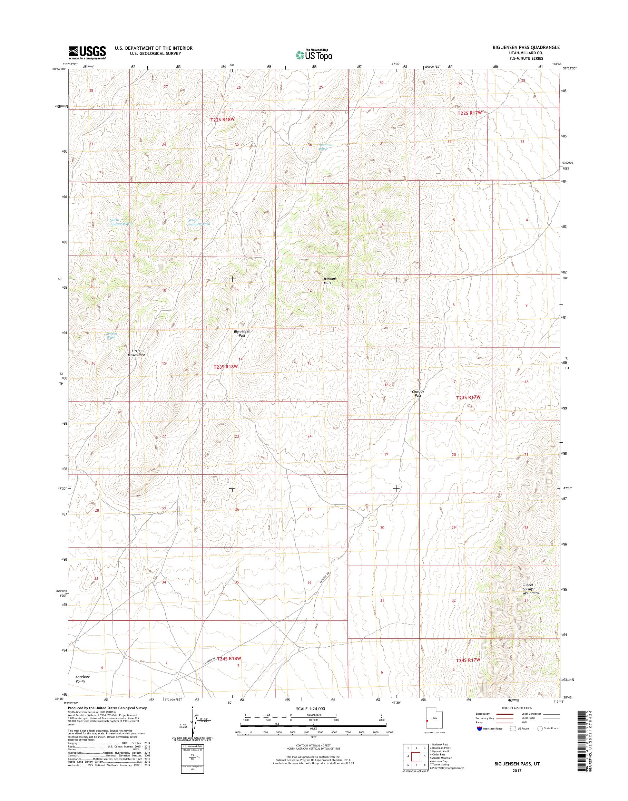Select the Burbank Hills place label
coord(327,281)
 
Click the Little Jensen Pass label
coord(136,353)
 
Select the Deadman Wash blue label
coord(326,146)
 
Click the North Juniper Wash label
coord(121,222)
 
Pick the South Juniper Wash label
coord(199,222)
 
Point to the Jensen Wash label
coord(111,335)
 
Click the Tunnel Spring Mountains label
coord(531,589)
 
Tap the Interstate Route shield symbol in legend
coord(479,728)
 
